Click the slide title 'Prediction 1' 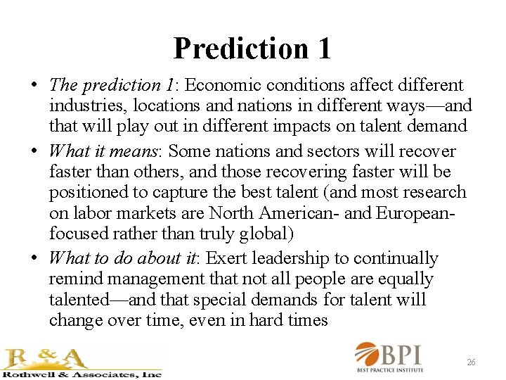pos(252,48)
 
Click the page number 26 pos(471,362)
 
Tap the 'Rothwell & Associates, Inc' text pos(82,374)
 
